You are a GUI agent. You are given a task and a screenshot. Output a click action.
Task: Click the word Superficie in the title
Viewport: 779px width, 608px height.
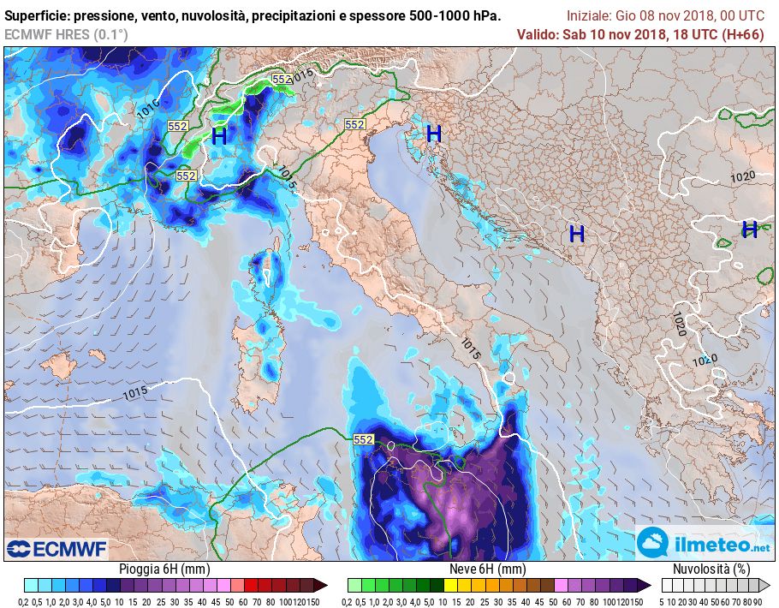tap(38, 16)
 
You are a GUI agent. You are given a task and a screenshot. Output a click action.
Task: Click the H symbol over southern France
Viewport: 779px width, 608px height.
tap(219, 135)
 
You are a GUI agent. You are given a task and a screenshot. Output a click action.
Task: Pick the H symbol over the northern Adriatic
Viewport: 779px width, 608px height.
tap(434, 134)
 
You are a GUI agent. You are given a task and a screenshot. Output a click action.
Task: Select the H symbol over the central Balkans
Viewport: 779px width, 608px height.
tap(577, 234)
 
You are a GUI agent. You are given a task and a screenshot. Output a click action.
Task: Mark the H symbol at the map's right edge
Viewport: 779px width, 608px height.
tap(749, 229)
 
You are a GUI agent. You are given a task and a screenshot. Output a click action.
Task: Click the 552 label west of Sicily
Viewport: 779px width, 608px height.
tap(364, 439)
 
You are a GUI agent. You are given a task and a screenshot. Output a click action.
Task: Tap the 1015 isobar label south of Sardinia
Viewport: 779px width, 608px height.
tap(135, 393)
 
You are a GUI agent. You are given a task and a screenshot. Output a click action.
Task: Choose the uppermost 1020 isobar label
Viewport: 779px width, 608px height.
tap(742, 177)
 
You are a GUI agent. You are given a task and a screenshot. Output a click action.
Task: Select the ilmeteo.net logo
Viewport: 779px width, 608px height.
tap(704, 544)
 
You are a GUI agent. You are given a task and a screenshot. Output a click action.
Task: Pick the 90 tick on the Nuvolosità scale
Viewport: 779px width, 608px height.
tap(758, 601)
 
